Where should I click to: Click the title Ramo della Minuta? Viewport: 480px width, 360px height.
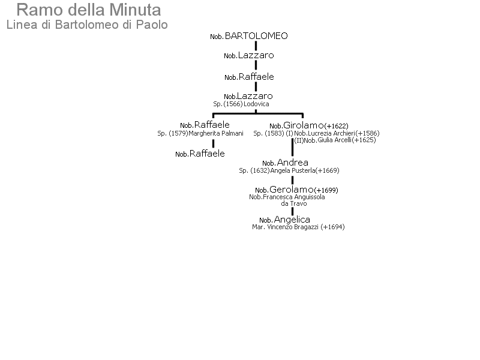pyautogui.click(x=88, y=10)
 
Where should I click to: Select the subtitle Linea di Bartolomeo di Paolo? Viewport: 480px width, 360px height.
pyautogui.click(x=87, y=25)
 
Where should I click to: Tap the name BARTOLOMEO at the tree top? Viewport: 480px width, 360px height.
pyautogui.click(x=256, y=36)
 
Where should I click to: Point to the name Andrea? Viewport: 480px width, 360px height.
pyautogui.click(x=293, y=163)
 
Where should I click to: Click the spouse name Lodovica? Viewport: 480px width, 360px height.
pyautogui.click(x=256, y=104)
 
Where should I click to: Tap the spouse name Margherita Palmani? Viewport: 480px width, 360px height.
pyautogui.click(x=216, y=133)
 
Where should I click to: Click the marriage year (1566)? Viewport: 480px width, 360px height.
pyautogui.click(x=233, y=104)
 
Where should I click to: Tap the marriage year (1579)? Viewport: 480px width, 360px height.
pyautogui.click(x=178, y=133)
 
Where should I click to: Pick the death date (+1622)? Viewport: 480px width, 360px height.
pyautogui.click(x=336, y=126)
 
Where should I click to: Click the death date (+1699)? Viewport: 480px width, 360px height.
pyautogui.click(x=326, y=190)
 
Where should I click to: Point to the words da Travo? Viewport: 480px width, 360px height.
pyautogui.click(x=294, y=203)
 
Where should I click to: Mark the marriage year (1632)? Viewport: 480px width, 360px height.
pyautogui.click(x=260, y=170)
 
